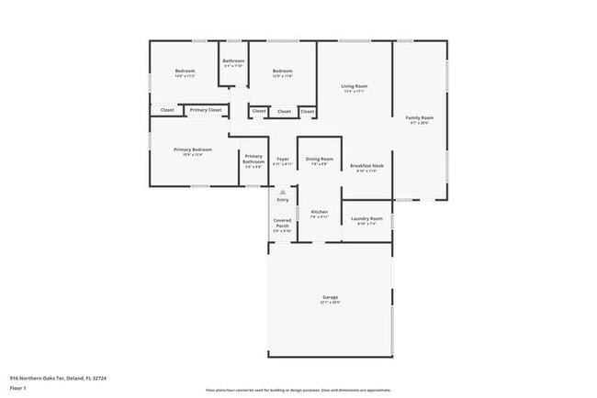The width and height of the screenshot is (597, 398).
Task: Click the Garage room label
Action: coord(330,297)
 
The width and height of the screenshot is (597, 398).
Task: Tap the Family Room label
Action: coord(421,118)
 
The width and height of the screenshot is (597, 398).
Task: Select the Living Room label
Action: coord(355,86)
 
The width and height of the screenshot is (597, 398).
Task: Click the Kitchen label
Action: coord(319,212)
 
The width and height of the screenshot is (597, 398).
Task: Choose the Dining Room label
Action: coord(319,160)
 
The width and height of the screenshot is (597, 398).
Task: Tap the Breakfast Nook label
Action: coord(366,166)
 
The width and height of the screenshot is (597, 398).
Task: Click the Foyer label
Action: coord(283,160)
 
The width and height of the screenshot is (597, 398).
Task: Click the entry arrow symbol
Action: coord(283,193)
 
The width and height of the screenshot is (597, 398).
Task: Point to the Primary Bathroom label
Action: coord(253,160)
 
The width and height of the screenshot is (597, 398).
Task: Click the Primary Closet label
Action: coord(206,110)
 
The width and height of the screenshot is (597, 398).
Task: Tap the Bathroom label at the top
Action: coord(233,61)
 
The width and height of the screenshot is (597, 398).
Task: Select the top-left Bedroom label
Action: coord(185,72)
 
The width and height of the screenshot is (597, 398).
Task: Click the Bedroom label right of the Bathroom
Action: coord(282,72)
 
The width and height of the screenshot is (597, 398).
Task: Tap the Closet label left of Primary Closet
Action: coord(166,110)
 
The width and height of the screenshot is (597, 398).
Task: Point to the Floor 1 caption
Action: coord(17,388)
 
